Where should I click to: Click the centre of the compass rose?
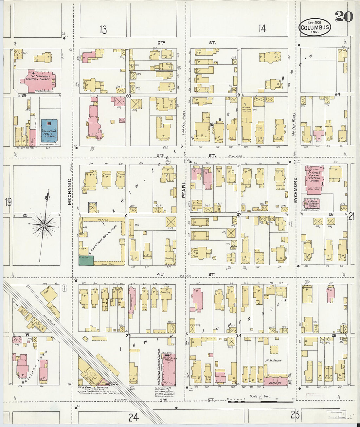(44, 225)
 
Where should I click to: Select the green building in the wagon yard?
(86, 260)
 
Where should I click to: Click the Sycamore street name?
(296, 190)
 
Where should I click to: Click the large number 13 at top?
(103, 30)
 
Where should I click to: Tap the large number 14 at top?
(262, 29)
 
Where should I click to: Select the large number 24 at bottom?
(134, 417)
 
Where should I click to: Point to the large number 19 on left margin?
(8, 202)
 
